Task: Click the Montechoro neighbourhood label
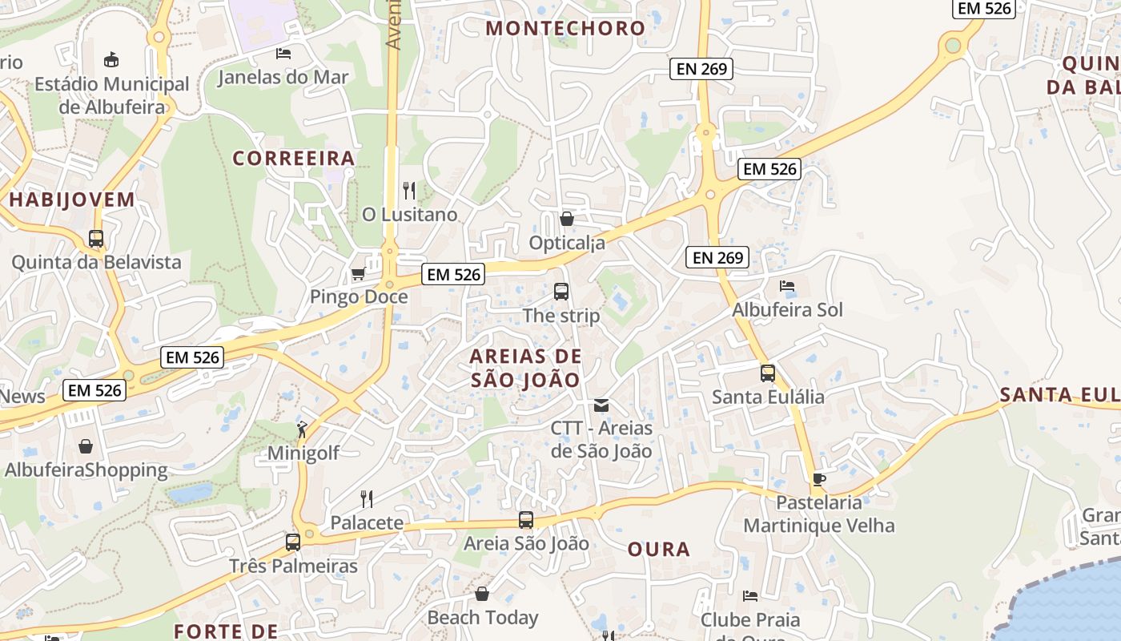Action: point(565,28)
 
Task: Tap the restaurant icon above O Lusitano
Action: point(409,191)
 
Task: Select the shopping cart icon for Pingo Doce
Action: point(358,274)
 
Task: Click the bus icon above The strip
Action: point(561,292)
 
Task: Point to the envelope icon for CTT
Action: point(601,405)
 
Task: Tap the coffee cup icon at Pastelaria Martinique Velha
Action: point(818,479)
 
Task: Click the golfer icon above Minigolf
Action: point(302,429)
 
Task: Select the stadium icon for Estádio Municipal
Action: point(111,60)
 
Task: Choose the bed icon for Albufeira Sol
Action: point(787,286)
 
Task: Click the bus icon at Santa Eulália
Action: point(768,373)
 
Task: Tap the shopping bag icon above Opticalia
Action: point(567,219)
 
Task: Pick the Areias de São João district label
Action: point(525,368)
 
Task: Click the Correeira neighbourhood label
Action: point(293,159)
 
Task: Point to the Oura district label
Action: point(658,549)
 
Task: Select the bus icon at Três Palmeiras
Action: point(293,542)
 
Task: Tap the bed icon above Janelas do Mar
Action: point(283,54)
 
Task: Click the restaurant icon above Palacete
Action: point(367,499)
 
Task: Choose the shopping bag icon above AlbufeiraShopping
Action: point(86,446)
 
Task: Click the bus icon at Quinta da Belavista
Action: point(96,239)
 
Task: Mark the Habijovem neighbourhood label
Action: point(72,200)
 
